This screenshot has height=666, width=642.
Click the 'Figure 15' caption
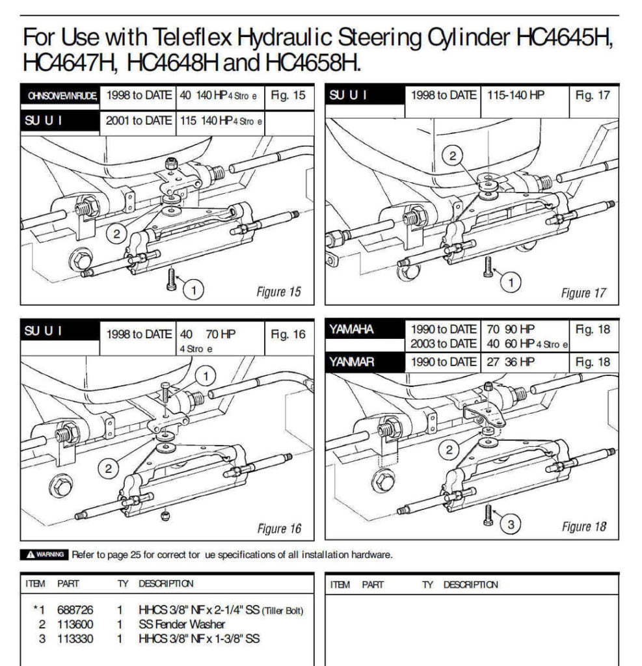pyautogui.click(x=278, y=292)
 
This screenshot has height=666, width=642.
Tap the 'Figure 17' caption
pyautogui.click(x=583, y=293)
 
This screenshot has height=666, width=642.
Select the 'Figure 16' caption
pyautogui.click(x=279, y=528)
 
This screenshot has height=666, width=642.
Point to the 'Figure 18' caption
pyautogui.click(x=584, y=527)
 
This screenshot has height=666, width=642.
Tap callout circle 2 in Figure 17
pyautogui.click(x=453, y=155)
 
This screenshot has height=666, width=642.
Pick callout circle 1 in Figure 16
pyautogui.click(x=206, y=376)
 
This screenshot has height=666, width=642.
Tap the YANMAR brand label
pyautogui.click(x=352, y=362)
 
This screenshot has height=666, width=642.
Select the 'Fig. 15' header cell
pyautogui.click(x=288, y=96)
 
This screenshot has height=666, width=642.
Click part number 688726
pyautogui.click(x=75, y=610)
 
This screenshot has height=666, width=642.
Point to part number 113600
pyautogui.click(x=75, y=624)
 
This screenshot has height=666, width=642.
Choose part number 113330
pyautogui.click(x=75, y=639)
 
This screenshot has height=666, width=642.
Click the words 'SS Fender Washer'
pyautogui.click(x=181, y=624)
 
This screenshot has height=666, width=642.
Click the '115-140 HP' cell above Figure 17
pyautogui.click(x=516, y=95)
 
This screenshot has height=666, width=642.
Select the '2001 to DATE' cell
pyautogui.click(x=139, y=120)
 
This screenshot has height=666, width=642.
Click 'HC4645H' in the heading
pyautogui.click(x=563, y=38)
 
